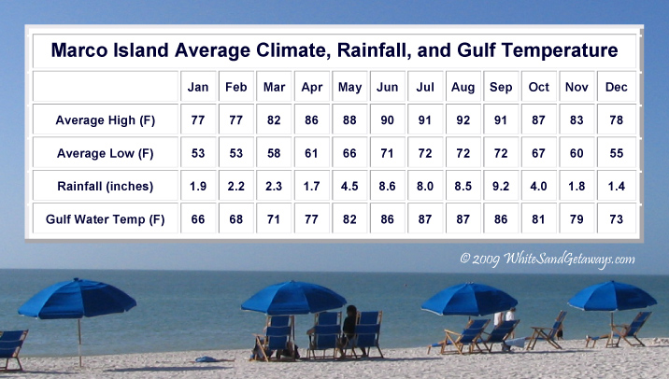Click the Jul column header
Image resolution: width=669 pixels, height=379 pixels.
425,87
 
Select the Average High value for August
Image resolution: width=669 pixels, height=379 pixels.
463,120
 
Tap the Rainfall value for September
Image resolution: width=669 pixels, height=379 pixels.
501,187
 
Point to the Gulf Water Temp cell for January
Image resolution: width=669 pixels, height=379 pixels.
198,219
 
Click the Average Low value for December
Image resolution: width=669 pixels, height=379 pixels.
617,153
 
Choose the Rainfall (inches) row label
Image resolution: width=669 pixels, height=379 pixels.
106,187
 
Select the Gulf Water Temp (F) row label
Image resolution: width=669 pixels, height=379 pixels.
106,219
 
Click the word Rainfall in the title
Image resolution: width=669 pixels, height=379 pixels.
374,50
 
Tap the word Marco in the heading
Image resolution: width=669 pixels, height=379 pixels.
79,50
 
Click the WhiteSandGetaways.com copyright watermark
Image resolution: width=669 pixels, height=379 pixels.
548,259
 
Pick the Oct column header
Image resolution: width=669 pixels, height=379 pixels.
538,87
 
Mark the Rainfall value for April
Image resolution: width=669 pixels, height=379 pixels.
311,187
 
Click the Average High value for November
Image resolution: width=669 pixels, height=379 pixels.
576,120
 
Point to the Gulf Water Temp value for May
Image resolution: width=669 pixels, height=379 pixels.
349,219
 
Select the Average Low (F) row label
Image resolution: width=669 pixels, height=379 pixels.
106,153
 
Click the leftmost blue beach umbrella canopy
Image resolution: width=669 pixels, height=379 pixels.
78,299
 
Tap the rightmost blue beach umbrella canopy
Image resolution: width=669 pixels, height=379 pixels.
612,296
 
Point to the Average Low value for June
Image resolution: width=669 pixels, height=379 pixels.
387,153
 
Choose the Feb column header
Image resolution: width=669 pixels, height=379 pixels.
236,87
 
